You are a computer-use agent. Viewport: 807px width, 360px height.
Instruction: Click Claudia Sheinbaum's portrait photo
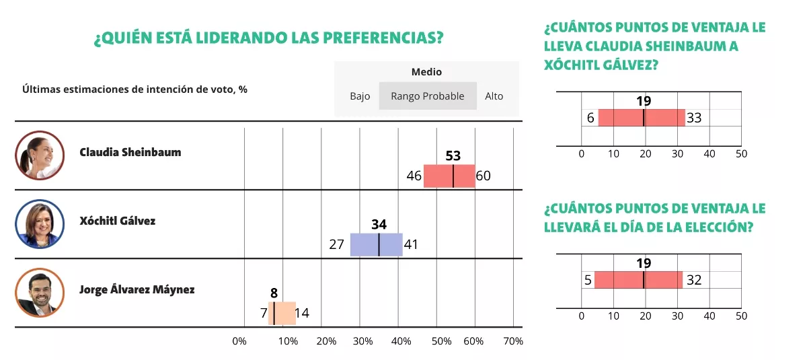40,155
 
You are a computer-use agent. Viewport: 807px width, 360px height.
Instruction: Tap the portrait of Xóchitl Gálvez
40,224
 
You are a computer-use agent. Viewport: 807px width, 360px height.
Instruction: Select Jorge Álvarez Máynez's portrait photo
40,293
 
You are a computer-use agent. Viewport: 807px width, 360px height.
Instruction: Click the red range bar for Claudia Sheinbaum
449,176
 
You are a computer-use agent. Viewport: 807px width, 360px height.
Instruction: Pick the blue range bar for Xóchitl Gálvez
376,244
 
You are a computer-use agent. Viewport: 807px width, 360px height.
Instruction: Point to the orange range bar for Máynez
282,313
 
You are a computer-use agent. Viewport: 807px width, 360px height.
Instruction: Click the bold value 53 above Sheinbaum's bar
453,156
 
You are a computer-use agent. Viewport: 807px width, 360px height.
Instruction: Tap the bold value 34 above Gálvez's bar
379,225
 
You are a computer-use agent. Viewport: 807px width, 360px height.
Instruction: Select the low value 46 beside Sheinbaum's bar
414,176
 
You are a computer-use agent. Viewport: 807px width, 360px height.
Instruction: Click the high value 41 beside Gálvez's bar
411,245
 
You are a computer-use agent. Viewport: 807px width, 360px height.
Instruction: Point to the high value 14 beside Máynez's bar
302,313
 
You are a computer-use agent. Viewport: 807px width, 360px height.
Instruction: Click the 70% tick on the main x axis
512,341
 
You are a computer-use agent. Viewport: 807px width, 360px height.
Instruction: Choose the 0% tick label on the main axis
239,341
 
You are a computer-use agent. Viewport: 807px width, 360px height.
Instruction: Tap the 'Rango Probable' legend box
428,96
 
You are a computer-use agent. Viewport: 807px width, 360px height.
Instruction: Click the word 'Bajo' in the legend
360,96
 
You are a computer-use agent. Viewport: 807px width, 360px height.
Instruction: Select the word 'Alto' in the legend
494,96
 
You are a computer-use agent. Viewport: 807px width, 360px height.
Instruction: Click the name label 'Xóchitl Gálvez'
117,221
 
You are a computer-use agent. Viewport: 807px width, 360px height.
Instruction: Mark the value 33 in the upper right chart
694,118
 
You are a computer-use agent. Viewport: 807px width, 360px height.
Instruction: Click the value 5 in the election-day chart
588,280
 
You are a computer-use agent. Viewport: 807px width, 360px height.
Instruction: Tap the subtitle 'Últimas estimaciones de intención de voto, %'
134,89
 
